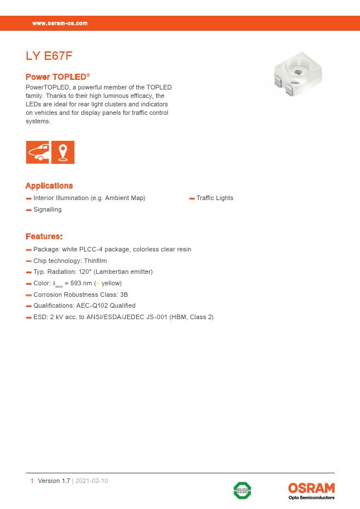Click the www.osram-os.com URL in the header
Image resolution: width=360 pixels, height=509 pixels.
coord(60,23)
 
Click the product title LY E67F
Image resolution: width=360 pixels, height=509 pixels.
coord(49,57)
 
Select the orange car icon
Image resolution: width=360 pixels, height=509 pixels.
coord(38,152)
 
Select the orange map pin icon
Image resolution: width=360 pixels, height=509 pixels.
coord(63,152)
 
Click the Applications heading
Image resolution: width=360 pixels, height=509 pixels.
coord(49,186)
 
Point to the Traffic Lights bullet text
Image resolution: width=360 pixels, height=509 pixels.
coord(214,198)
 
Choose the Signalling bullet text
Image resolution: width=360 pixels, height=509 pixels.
coord(47,209)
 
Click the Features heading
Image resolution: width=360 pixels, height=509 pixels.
coord(44,236)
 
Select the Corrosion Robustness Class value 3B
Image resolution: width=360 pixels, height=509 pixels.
coord(124,294)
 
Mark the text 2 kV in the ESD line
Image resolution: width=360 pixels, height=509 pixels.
coord(56,317)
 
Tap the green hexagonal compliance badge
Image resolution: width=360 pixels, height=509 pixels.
coord(243,490)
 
